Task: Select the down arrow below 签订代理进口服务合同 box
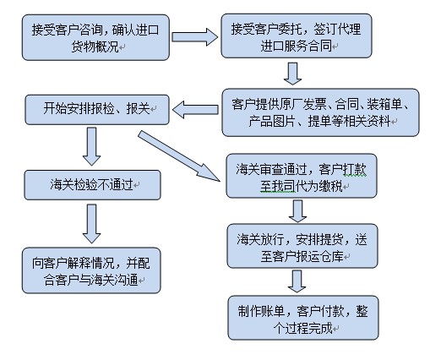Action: click(291, 73)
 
